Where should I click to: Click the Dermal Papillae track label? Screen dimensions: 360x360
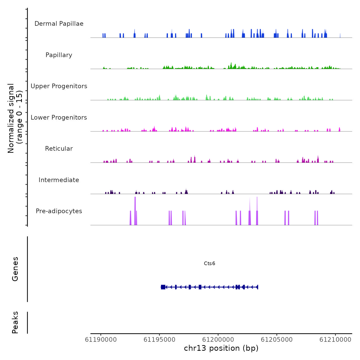[x=59, y=24]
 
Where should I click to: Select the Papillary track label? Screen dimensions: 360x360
[x=59, y=55]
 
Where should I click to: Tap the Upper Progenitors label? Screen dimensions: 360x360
[x=59, y=86]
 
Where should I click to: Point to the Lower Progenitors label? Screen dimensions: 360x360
[x=59, y=118]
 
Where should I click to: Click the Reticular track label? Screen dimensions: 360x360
[x=59, y=149]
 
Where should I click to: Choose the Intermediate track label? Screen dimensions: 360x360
[x=59, y=180]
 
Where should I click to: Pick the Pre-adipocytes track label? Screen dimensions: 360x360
[x=59, y=211]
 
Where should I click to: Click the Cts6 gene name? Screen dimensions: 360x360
[x=209, y=263]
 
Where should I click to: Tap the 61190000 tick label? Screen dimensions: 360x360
[x=101, y=340]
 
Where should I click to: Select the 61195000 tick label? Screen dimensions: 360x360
[x=159, y=340]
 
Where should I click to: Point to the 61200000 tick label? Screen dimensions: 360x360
[x=218, y=340]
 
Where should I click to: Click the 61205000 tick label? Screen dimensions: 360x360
[x=277, y=340]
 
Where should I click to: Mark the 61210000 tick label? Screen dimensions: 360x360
[x=335, y=340]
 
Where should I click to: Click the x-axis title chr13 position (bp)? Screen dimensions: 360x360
[x=221, y=348]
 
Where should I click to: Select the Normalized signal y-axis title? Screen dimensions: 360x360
[x=15, y=118]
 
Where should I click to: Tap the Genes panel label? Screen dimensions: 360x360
[x=15, y=269]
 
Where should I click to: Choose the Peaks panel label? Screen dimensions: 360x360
[x=15, y=322]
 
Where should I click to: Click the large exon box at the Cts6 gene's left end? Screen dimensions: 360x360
[x=163, y=287]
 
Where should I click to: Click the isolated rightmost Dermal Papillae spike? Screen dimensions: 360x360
[x=340, y=36]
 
